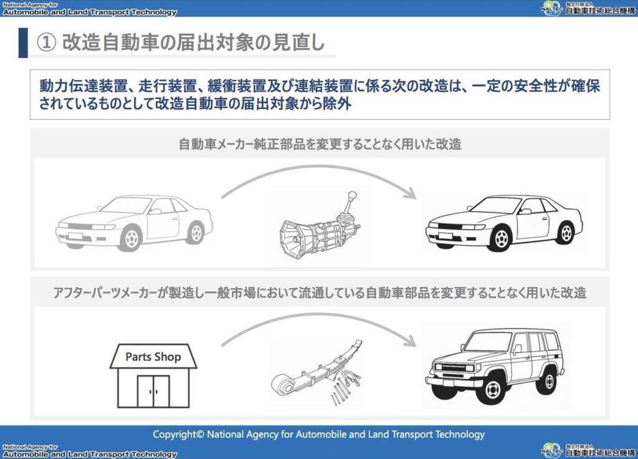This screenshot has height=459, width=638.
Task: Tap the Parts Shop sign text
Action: pyautogui.click(x=153, y=357)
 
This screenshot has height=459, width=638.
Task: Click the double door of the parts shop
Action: pyautogui.click(x=153, y=391)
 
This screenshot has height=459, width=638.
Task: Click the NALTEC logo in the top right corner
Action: pyautogui.click(x=552, y=9)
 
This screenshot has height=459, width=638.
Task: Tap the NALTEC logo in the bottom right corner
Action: pyautogui.click(x=552, y=449)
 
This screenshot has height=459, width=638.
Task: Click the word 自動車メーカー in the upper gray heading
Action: pyautogui.click(x=214, y=144)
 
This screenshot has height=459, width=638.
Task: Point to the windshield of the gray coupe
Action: pyautogui.click(x=127, y=205)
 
